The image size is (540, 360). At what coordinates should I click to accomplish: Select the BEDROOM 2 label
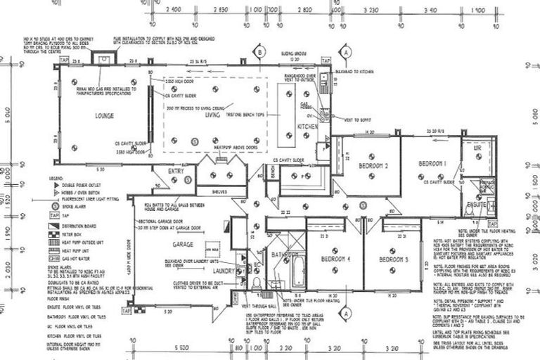click(373, 166)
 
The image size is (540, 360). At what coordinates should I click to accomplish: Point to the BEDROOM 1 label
click(432, 163)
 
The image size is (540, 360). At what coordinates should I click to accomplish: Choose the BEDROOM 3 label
click(393, 259)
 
